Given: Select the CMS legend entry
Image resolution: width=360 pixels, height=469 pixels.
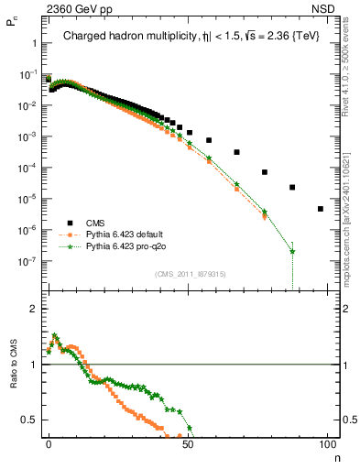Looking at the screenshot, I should [x=97, y=223].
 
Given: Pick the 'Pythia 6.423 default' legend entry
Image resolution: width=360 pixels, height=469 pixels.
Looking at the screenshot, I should [x=131, y=234].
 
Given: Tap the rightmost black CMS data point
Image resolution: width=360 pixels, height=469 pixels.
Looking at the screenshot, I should [x=320, y=209].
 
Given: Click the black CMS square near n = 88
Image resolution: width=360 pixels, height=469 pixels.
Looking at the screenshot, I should [x=292, y=187].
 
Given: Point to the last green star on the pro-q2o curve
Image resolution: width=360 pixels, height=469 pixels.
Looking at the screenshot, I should [x=292, y=251].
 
